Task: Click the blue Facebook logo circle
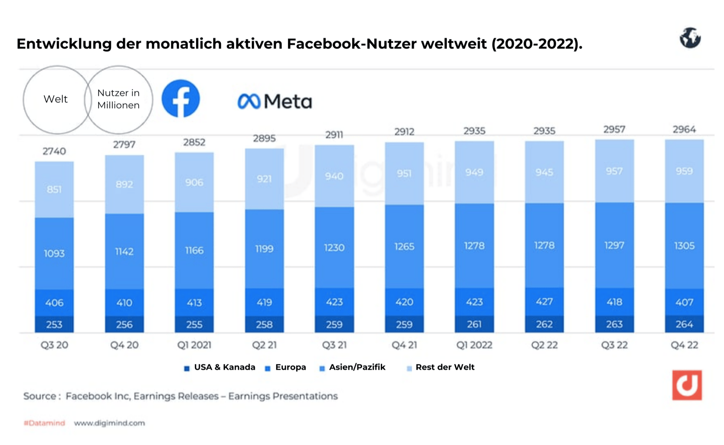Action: pos(181,99)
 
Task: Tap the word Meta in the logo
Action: pos(287,101)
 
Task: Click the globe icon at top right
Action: pos(690,38)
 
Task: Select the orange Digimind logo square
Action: pos(687,385)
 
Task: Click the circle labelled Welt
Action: pos(56,99)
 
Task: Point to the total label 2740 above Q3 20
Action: pos(54,151)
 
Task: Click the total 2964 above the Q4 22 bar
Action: pos(684,130)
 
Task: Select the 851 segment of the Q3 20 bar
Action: pos(54,189)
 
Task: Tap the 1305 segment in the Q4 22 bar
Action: pos(684,246)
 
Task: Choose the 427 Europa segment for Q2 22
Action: pos(544,301)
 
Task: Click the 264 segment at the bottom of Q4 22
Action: pos(684,324)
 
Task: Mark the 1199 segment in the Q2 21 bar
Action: pos(264,249)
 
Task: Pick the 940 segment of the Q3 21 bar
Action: pos(334,176)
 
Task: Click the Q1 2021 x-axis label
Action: pos(194,345)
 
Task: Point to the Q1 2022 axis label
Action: pos(474,345)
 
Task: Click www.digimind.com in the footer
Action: pos(109,423)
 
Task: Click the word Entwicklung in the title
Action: pos(64,44)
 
